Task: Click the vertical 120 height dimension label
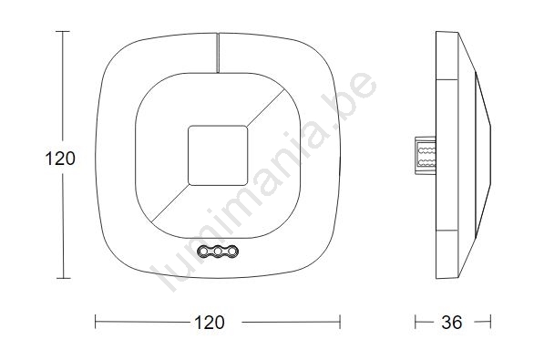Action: (60, 159)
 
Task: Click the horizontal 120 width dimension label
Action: (210, 322)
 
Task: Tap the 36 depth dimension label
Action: (452, 322)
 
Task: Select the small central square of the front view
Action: (218, 156)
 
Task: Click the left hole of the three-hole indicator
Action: (203, 252)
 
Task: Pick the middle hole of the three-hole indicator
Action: (218, 252)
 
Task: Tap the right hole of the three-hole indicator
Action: (232, 252)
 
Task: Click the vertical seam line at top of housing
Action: (218, 53)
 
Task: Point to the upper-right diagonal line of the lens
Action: (266, 107)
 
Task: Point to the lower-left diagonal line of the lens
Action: (169, 203)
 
